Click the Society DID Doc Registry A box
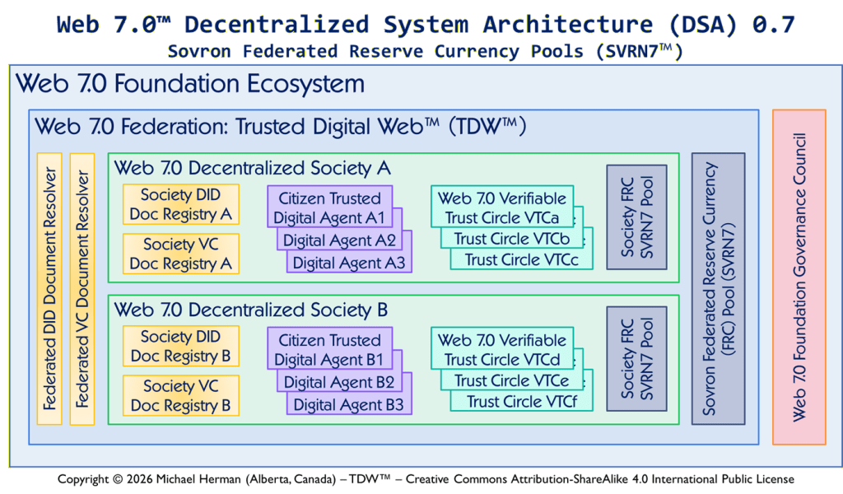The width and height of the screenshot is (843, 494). pyautogui.click(x=181, y=205)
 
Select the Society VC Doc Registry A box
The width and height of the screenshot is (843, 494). pyautogui.click(x=181, y=254)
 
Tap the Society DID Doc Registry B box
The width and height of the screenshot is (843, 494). pyautogui.click(x=181, y=347)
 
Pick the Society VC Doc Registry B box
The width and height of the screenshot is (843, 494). pyautogui.click(x=181, y=395)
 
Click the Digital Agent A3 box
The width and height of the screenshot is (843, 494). pyautogui.click(x=349, y=263)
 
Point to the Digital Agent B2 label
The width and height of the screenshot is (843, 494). pyautogui.click(x=340, y=382)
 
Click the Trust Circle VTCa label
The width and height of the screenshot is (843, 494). pyautogui.click(x=502, y=217)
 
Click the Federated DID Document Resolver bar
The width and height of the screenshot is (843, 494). pyautogui.click(x=50, y=288)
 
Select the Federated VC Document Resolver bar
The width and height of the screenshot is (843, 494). pyautogui.click(x=82, y=288)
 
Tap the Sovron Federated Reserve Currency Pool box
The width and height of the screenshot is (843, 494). pyautogui.click(x=718, y=288)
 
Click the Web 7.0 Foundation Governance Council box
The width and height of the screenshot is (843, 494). pyautogui.click(x=799, y=277)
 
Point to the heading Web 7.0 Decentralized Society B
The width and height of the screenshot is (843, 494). pyautogui.click(x=251, y=310)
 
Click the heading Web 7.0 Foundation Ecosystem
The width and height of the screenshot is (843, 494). pyautogui.click(x=190, y=83)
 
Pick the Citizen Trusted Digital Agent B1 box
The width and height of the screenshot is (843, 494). pyautogui.click(x=329, y=349)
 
